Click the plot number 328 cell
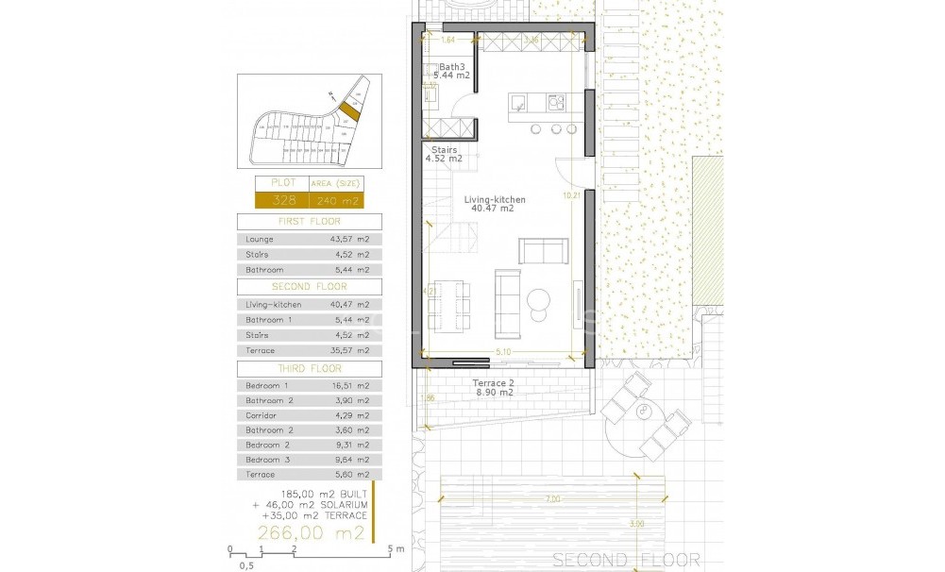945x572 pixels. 282,200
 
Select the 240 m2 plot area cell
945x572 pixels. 336,200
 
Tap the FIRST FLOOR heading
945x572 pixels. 309,222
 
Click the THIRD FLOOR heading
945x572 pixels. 309,369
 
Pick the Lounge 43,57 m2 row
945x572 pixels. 309,240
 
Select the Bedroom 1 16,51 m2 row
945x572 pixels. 309,386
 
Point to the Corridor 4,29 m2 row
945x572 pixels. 309,415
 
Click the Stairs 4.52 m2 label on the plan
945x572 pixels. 445,154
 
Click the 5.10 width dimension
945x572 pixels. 504,353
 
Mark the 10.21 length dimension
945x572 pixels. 569,196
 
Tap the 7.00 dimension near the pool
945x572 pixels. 552,498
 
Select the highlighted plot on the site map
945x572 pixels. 349,111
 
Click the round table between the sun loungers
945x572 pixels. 647,412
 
